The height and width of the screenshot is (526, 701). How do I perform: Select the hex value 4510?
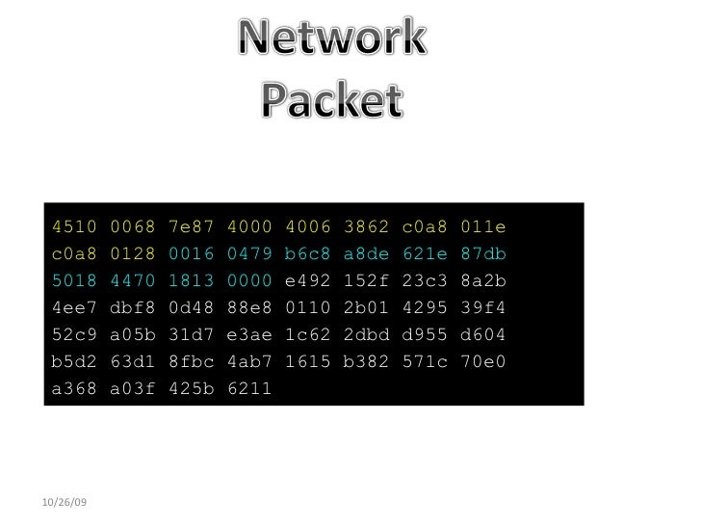click(75, 227)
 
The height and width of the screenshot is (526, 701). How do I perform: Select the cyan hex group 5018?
click(75, 281)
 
